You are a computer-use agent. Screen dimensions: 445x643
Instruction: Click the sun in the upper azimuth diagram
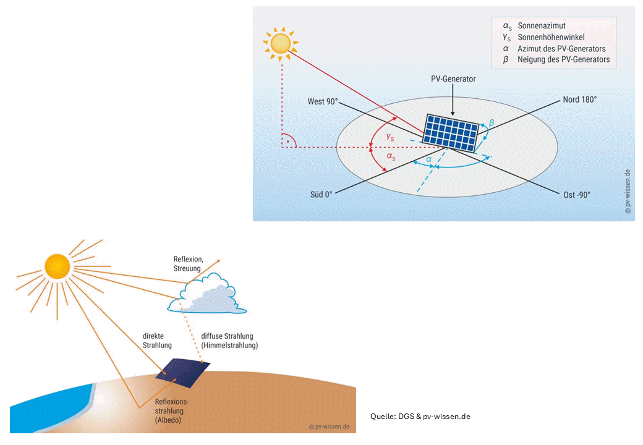tap(281, 43)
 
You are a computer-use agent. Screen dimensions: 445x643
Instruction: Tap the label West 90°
tap(323, 101)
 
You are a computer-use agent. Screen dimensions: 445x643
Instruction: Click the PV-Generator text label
tap(453, 79)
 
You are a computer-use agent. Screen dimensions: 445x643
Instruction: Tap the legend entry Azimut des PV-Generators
tap(561, 48)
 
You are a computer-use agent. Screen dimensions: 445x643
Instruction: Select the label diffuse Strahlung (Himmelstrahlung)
tap(229, 341)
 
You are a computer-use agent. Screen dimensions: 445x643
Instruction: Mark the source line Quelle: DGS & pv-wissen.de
tap(420, 416)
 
